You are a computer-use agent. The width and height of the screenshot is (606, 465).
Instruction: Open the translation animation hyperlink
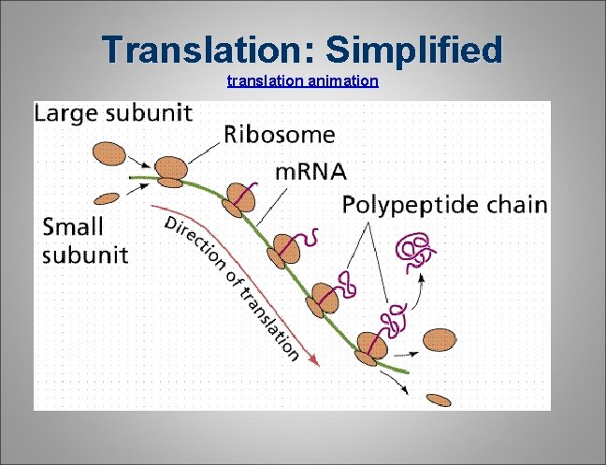[x=302, y=81]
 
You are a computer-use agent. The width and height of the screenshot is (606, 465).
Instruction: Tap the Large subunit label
[x=114, y=114]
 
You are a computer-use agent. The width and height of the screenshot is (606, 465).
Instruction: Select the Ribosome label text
[x=279, y=135]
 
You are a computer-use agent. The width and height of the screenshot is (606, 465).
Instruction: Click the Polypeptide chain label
[x=444, y=205]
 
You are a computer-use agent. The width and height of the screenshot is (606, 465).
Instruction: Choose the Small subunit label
[x=85, y=240]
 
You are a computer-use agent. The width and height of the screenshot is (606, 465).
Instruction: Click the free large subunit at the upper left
[x=108, y=153]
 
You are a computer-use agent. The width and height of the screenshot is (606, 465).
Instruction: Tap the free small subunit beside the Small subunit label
[x=108, y=198]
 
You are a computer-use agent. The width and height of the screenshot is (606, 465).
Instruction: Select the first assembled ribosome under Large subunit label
[x=171, y=169]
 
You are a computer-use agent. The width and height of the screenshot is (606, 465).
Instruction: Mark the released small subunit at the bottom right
[x=440, y=400]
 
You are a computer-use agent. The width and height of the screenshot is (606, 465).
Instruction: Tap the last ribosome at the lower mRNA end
[x=370, y=346]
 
